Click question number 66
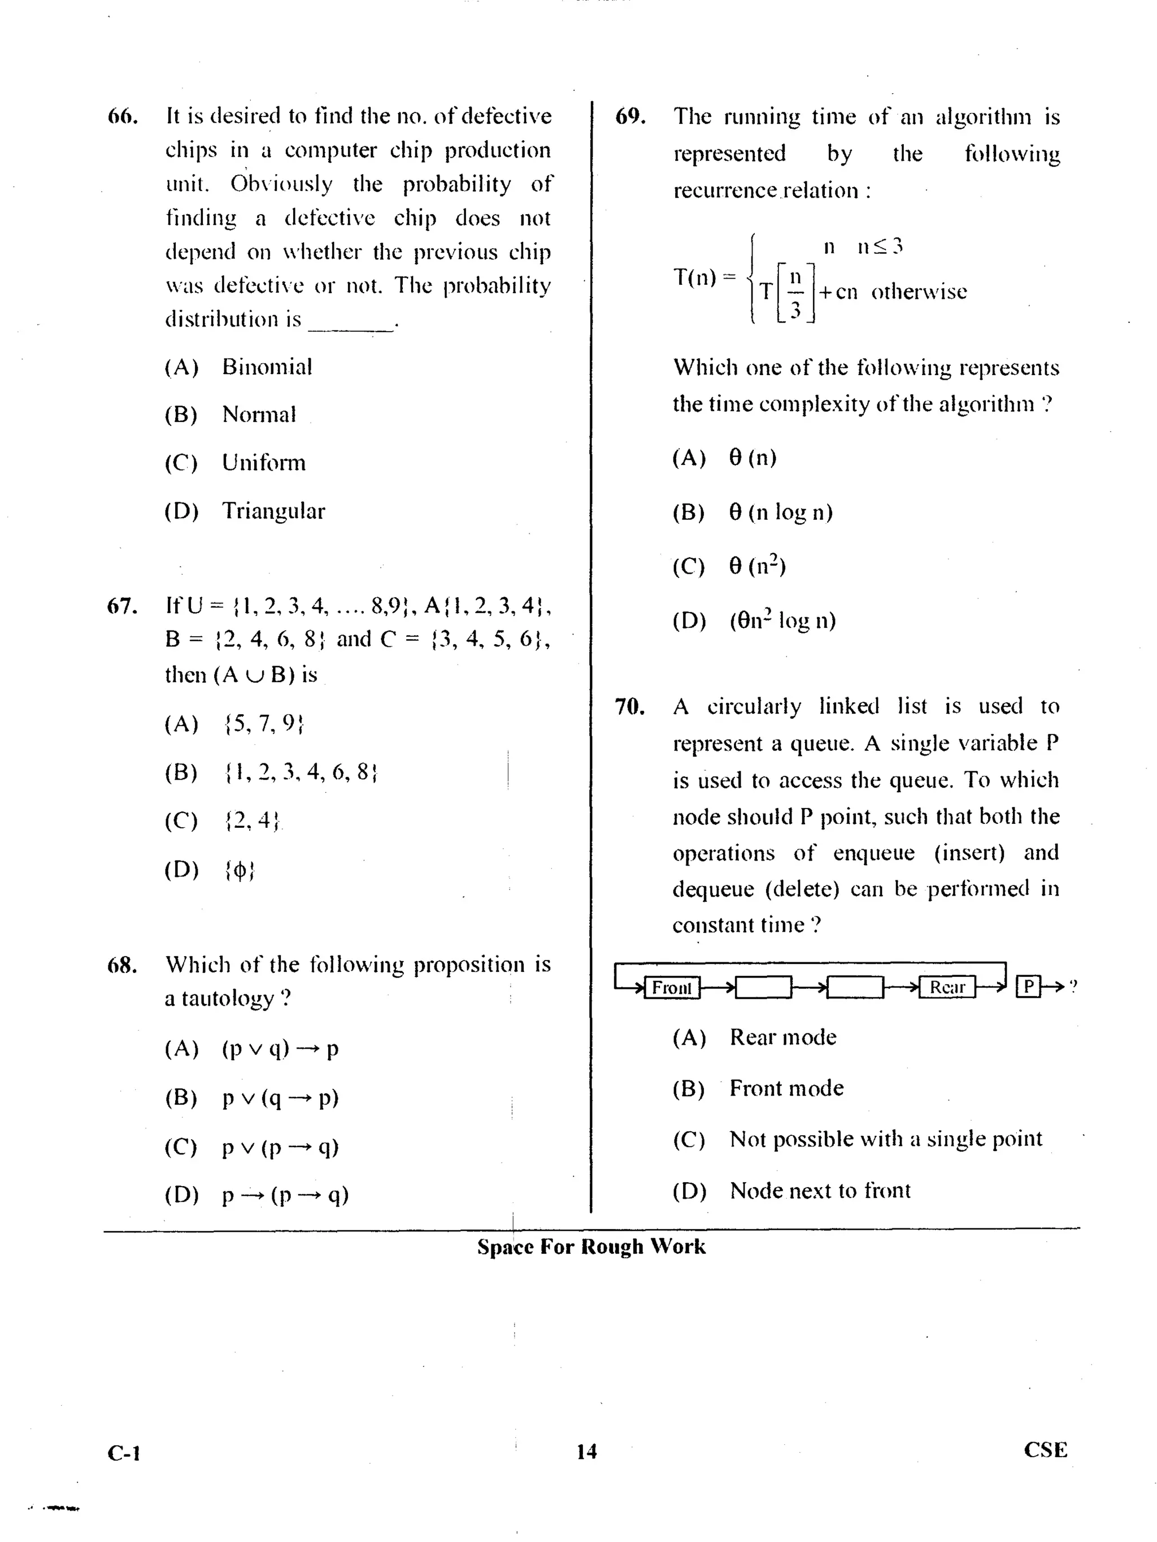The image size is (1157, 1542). (122, 116)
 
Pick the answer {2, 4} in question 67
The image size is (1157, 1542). (251, 821)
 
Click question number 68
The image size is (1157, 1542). (122, 965)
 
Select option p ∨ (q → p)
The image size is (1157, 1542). (280, 1098)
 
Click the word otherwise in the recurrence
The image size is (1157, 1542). (919, 292)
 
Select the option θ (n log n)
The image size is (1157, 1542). (781, 512)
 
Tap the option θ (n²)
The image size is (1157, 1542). (757, 566)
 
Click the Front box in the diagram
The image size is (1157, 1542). (671, 987)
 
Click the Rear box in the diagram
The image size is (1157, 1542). (946, 987)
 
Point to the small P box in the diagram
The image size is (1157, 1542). (1028, 987)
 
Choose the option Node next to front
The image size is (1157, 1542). (820, 1191)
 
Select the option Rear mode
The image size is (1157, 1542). (782, 1037)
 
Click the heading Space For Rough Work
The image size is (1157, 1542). (591, 1246)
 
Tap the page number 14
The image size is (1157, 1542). (586, 1452)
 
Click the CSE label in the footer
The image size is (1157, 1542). (1045, 1450)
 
